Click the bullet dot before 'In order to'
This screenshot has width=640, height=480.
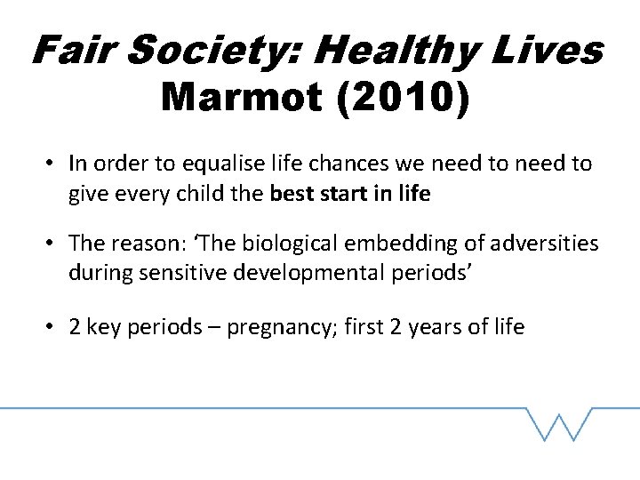(x=53, y=164)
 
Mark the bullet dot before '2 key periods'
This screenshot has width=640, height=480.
(x=53, y=327)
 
